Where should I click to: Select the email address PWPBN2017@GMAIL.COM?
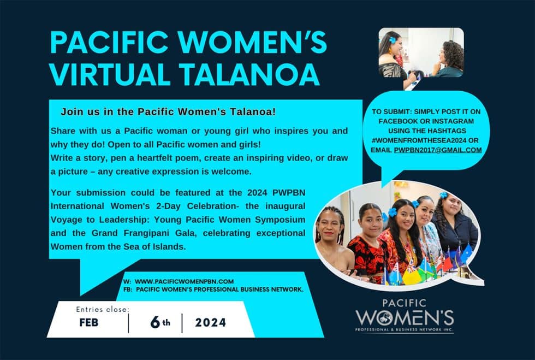(x=438, y=150)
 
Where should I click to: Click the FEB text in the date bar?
(x=88, y=322)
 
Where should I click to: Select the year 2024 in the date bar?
(x=211, y=322)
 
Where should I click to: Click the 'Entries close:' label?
(x=103, y=309)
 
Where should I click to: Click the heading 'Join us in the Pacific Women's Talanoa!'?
(x=168, y=111)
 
